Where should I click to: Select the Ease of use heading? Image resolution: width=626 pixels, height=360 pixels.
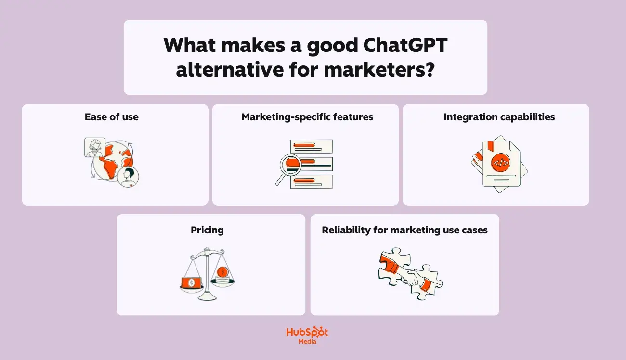tap(111, 117)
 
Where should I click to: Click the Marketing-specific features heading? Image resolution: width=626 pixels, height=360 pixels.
tap(307, 117)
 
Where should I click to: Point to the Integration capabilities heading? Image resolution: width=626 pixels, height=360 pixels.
tap(499, 117)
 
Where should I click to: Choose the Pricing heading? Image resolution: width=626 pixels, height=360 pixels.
tap(207, 230)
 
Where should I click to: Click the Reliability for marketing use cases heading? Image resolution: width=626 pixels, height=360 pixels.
tap(404, 230)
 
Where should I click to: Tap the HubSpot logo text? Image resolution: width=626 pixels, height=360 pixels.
tap(307, 333)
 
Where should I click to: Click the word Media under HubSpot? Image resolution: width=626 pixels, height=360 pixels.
tap(307, 342)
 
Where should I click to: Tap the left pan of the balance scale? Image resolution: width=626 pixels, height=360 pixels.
tap(192, 283)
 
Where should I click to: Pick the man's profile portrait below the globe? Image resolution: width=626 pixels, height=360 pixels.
tap(129, 177)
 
